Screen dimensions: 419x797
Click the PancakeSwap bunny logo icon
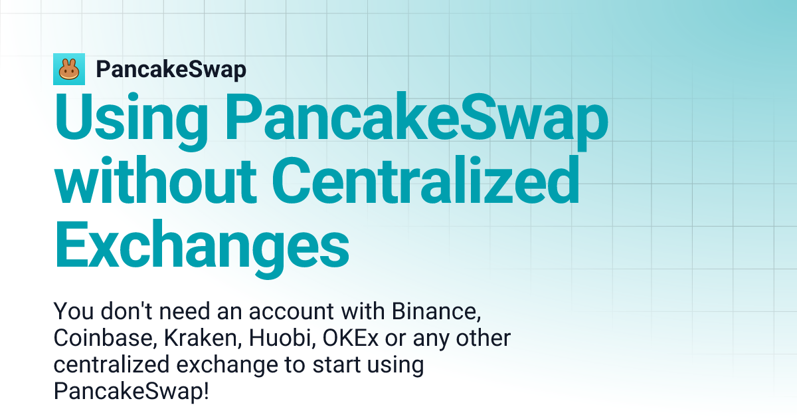(x=69, y=69)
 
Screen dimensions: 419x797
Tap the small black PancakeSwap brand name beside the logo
(x=171, y=69)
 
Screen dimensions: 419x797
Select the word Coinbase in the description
(x=103, y=338)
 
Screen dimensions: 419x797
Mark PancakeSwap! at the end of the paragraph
(x=131, y=392)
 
